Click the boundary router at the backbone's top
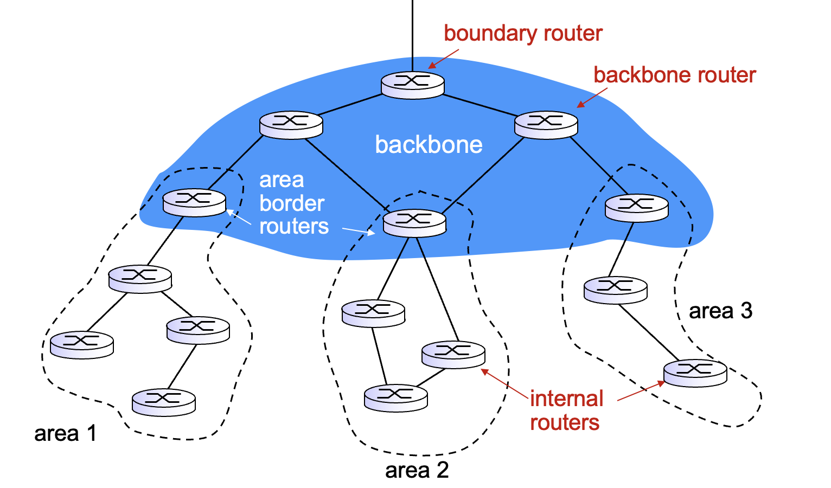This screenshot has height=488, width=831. (x=412, y=85)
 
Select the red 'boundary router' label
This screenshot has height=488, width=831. (x=523, y=33)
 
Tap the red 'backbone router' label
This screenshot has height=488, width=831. (x=674, y=75)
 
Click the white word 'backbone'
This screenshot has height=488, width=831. (x=429, y=145)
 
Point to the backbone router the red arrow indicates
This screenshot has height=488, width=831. (x=546, y=124)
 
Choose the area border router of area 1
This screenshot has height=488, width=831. (x=194, y=202)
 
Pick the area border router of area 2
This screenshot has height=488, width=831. (x=414, y=222)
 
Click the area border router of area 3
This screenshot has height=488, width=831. (x=636, y=208)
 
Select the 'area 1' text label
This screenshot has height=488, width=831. (x=65, y=433)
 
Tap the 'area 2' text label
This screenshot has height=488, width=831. (x=417, y=470)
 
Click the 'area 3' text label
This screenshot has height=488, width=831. (x=720, y=311)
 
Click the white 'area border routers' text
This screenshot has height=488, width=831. (x=293, y=203)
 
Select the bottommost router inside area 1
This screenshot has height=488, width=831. (x=163, y=402)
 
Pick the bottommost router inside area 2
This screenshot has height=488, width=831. (x=395, y=398)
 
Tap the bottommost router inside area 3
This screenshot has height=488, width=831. (x=695, y=373)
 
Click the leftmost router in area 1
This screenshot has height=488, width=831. (x=81, y=344)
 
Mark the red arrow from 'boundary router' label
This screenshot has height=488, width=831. (x=444, y=59)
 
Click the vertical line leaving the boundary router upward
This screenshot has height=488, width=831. (x=412, y=33)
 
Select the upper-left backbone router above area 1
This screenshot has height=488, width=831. (x=291, y=124)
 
